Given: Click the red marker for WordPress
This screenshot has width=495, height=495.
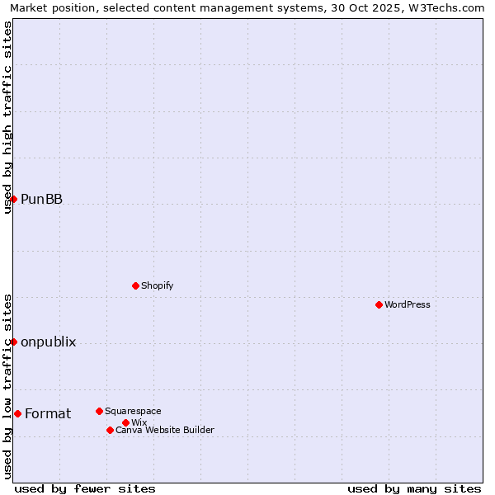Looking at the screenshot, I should pyautogui.click(x=379, y=304).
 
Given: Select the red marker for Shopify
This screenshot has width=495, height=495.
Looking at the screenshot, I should pyautogui.click(x=135, y=285).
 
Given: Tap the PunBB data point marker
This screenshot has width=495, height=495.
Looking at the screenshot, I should pyautogui.click(x=13, y=199).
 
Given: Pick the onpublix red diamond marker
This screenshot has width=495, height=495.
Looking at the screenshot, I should pyautogui.click(x=13, y=342).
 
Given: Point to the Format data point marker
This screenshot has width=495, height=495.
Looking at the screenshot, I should pyautogui.click(x=17, y=413).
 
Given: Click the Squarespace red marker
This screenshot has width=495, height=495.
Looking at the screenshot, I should pyautogui.click(x=99, y=411).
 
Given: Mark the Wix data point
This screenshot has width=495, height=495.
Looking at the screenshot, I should pyautogui.click(x=125, y=422).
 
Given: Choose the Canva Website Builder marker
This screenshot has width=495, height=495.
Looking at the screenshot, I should pyautogui.click(x=110, y=430).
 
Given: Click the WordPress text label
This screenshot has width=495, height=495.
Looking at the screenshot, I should pyautogui.click(x=408, y=304).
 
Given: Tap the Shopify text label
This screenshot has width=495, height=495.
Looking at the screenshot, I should pyautogui.click(x=158, y=285).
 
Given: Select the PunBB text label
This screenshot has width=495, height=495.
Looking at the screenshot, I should pyautogui.click(x=41, y=199).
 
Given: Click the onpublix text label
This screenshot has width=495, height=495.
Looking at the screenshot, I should pyautogui.click(x=48, y=342).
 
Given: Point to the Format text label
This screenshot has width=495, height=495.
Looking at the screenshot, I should pyautogui.click(x=48, y=413).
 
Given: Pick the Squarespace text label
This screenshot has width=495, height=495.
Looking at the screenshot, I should pyautogui.click(x=133, y=411).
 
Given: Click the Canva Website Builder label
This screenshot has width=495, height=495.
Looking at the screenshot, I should pyautogui.click(x=165, y=430).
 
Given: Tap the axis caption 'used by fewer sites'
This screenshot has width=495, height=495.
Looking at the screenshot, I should pyautogui.click(x=85, y=488).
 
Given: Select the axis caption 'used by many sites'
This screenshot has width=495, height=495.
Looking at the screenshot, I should pyautogui.click(x=414, y=488).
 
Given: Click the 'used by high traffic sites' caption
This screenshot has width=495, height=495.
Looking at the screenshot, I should pyautogui.click(x=8, y=117).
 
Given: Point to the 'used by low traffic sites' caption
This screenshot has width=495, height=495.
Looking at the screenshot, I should pyautogui.click(x=8, y=385).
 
